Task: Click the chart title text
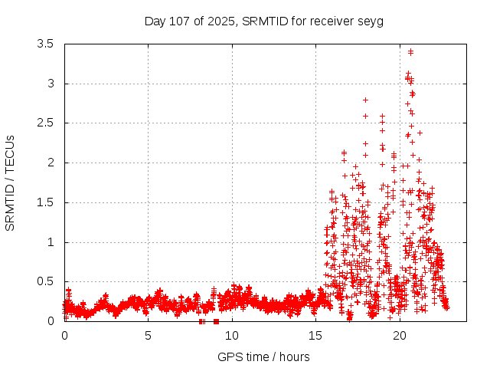(x=263, y=21)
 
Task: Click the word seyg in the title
(x=371, y=21)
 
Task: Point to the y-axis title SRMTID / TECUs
(x=10, y=182)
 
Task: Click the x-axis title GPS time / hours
(x=263, y=356)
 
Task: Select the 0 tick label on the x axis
(x=64, y=336)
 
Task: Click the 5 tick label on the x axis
(x=149, y=336)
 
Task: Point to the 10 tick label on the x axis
(x=232, y=336)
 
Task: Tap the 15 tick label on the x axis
(x=316, y=336)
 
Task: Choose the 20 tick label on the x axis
(x=400, y=336)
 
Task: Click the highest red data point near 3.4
(x=411, y=52)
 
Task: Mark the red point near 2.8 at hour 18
(x=366, y=100)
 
